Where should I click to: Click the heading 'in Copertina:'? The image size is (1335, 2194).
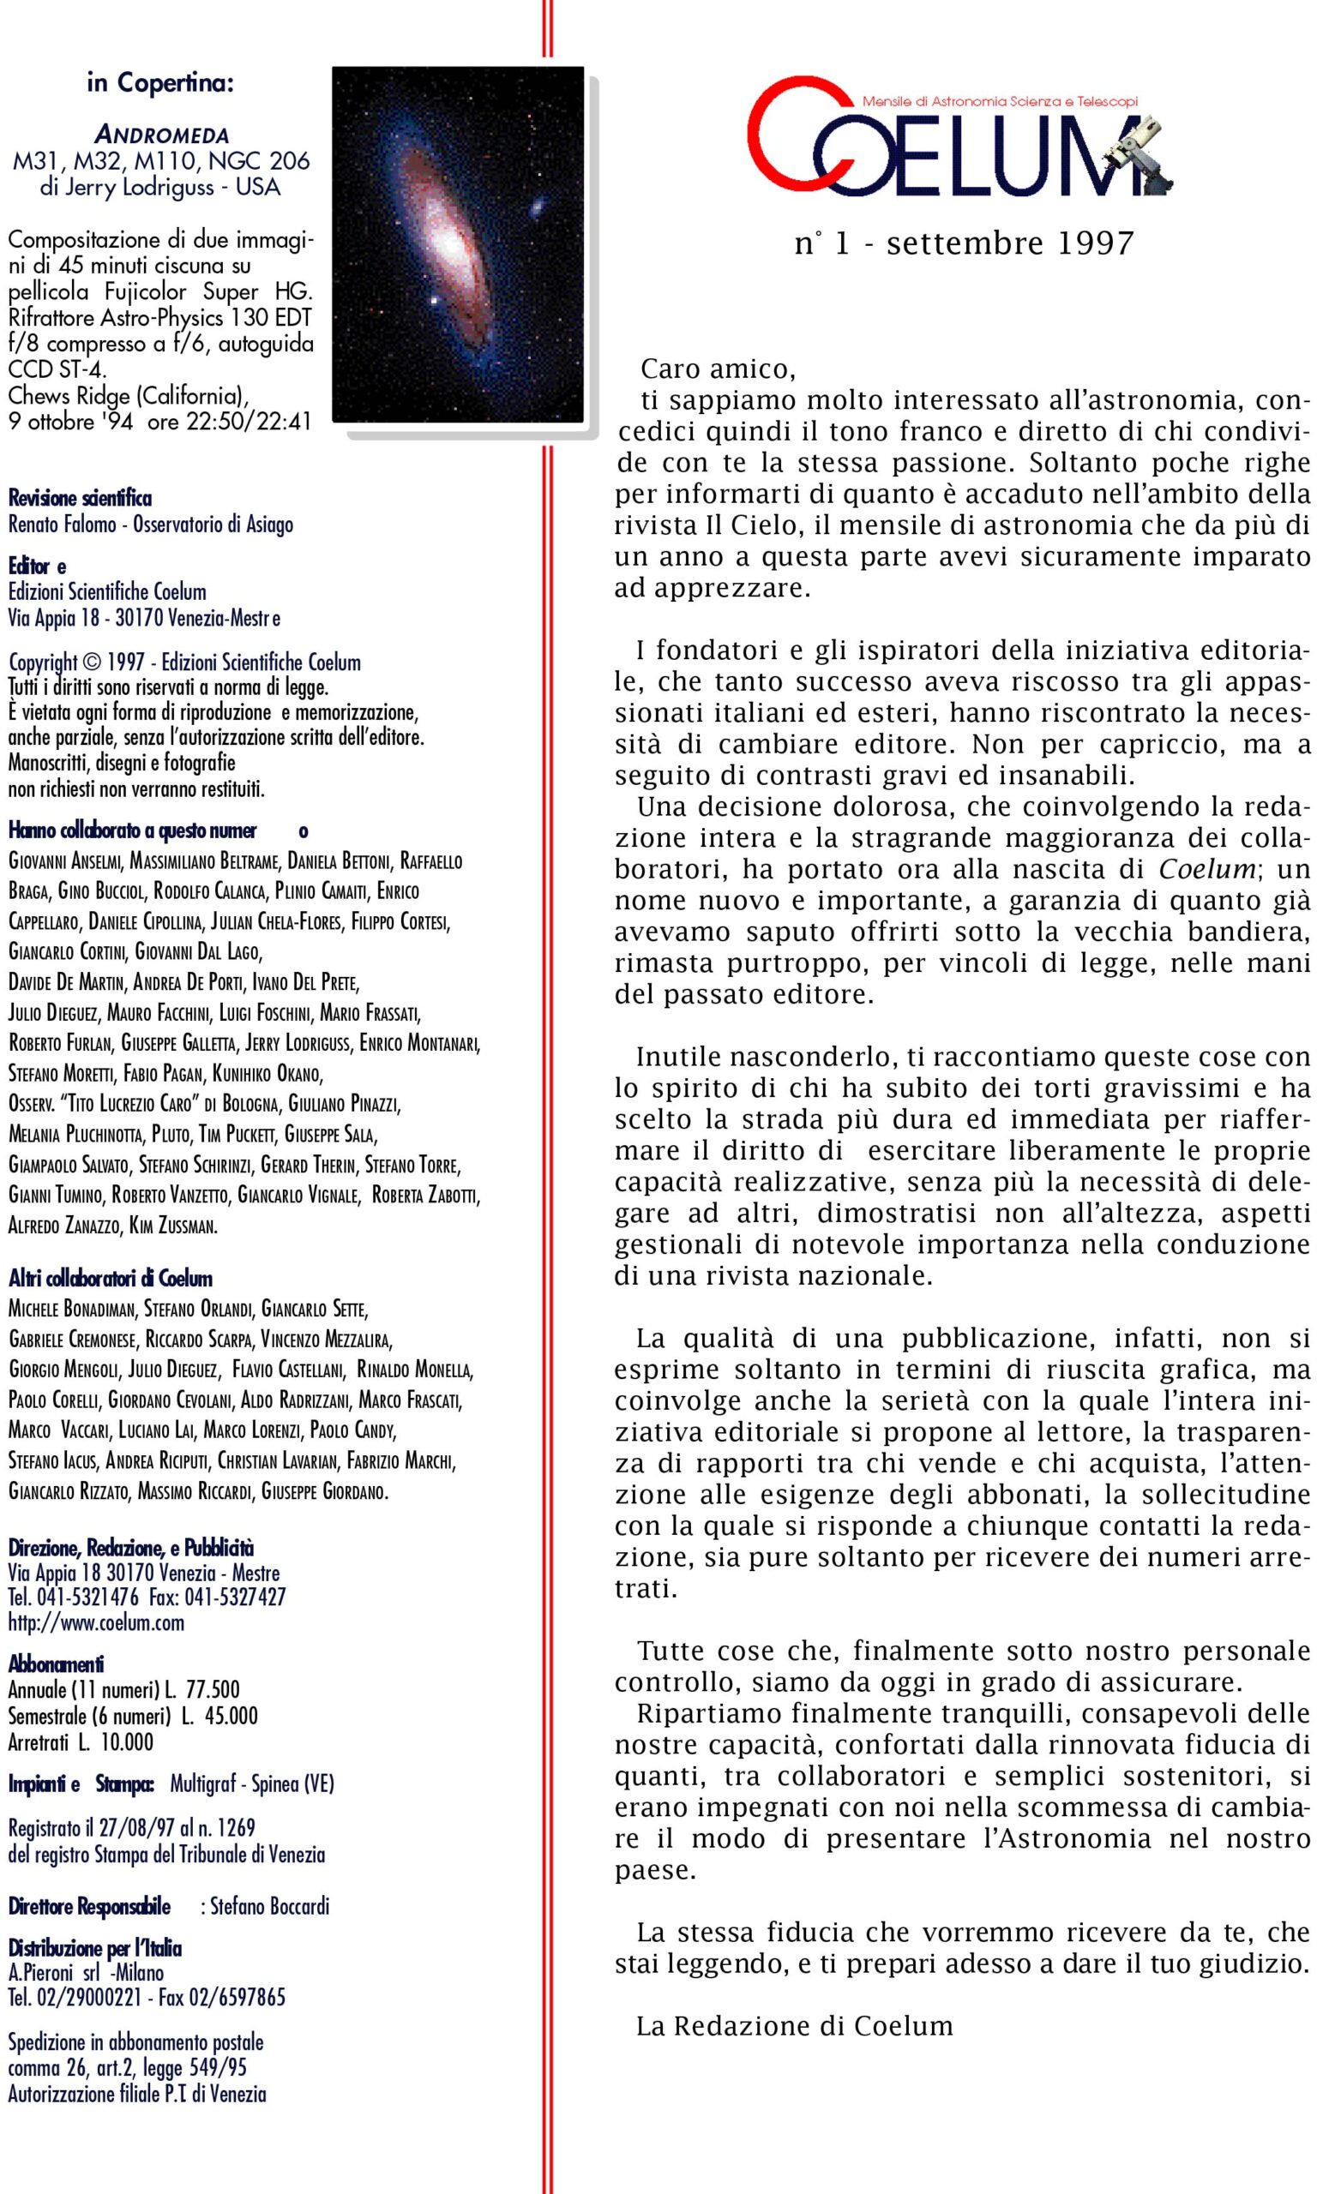(160, 84)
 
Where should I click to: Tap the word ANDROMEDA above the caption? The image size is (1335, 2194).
(161, 136)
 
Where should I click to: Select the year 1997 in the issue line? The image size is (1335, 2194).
(1095, 243)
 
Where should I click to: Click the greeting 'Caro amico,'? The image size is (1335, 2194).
(718, 369)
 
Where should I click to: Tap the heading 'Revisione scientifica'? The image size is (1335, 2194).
(80, 498)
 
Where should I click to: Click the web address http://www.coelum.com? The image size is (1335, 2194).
(96, 1622)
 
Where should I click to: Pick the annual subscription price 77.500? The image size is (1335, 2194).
(213, 1689)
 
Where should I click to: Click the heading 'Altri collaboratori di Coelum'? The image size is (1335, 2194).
(111, 1279)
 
